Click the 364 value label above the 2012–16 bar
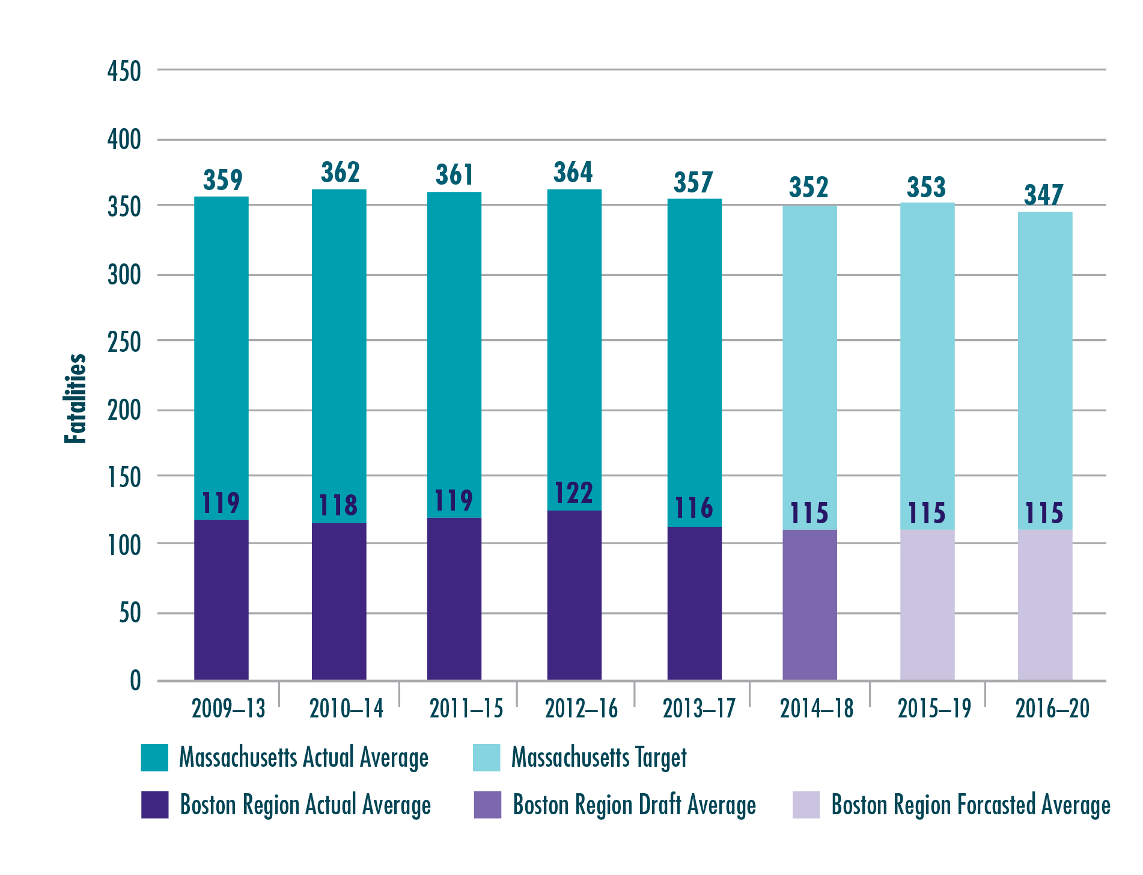[x=573, y=173]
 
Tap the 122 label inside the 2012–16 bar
[x=573, y=493]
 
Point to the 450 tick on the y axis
[x=124, y=72]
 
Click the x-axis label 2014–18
[x=816, y=709]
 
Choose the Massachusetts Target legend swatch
[x=487, y=758]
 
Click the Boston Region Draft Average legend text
[x=634, y=805]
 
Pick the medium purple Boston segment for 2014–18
[x=809, y=604]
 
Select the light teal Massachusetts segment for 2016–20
[x=1044, y=361]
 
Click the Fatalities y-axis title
[x=76, y=399]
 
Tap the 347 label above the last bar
[x=1043, y=195]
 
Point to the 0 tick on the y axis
[x=135, y=681]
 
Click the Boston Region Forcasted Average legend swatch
[x=806, y=805]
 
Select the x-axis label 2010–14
[x=346, y=709]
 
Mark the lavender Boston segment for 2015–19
[x=927, y=604]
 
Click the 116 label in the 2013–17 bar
[x=693, y=508]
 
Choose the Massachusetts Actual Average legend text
[x=303, y=758]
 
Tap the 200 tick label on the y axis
[x=124, y=411]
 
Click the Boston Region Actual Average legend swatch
[x=154, y=805]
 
